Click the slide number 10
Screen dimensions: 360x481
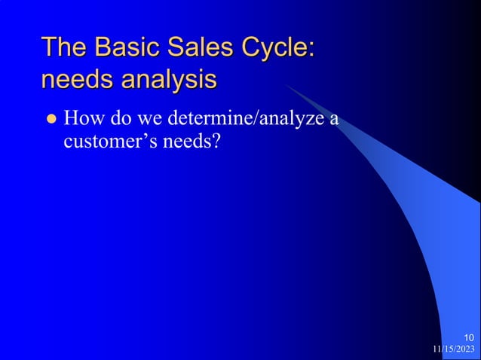click(x=469, y=337)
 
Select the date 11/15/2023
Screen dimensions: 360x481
click(x=454, y=349)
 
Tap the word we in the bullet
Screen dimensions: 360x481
click(x=152, y=118)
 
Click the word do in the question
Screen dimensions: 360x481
click(x=122, y=118)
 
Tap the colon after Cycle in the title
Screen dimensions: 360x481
click(x=310, y=49)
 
